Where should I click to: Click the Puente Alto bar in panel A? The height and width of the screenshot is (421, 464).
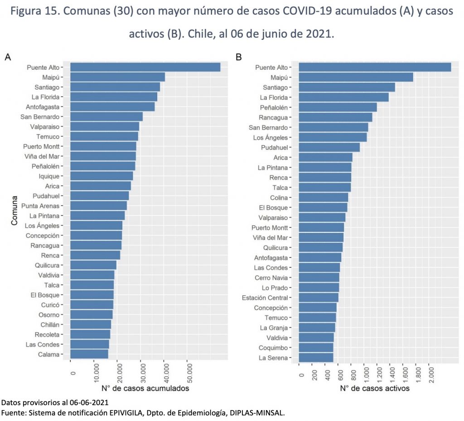[145, 67]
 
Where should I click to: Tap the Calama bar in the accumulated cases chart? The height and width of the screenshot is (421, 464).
[89, 354]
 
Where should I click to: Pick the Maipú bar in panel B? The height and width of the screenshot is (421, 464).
[356, 77]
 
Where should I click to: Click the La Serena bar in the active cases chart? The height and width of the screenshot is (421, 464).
[316, 358]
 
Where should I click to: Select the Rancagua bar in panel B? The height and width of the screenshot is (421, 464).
[335, 117]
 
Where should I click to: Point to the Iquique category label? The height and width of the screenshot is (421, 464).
[49, 176]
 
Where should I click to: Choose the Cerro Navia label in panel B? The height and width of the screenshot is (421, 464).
[272, 278]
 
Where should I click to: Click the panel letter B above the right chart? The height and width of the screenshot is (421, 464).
[239, 57]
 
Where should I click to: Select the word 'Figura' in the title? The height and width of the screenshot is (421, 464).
[30, 12]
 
